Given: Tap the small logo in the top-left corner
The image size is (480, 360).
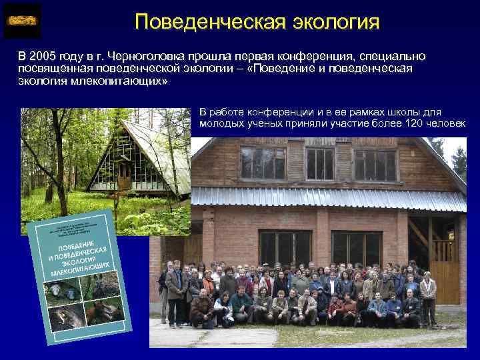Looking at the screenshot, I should point(22,21).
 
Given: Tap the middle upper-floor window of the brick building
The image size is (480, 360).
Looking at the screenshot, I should point(319,163).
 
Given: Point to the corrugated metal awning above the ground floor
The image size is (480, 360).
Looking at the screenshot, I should point(327,198).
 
